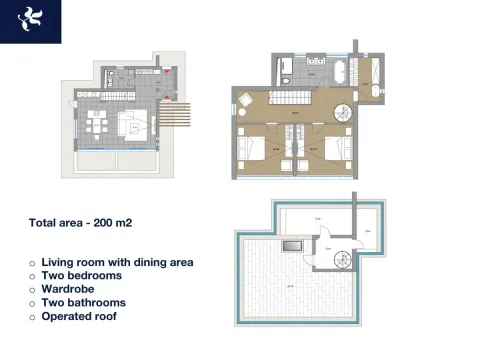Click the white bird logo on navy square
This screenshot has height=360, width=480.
tap(30, 21)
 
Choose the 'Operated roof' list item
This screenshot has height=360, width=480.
tap(79, 316)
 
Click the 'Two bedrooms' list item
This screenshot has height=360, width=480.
tap(82, 275)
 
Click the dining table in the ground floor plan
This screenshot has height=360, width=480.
tap(98, 126)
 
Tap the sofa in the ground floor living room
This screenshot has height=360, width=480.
tap(134, 127)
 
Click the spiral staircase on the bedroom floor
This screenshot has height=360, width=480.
tap(343, 112)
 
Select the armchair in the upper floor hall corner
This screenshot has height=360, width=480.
tap(245, 98)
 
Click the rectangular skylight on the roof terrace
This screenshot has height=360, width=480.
tap(292, 244)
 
